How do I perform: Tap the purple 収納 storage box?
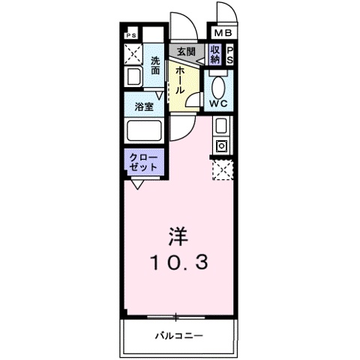click(x=215, y=54)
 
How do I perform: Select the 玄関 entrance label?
click(x=186, y=52)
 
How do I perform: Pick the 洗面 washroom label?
click(x=155, y=65)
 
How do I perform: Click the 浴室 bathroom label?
click(x=144, y=106)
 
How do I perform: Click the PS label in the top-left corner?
click(x=130, y=34)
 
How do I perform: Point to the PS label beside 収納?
click(x=230, y=54)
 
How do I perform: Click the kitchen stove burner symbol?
click(x=222, y=145)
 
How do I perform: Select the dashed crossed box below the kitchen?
click(x=222, y=170)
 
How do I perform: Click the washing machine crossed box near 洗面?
click(x=133, y=54)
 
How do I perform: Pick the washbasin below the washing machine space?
click(x=133, y=76)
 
